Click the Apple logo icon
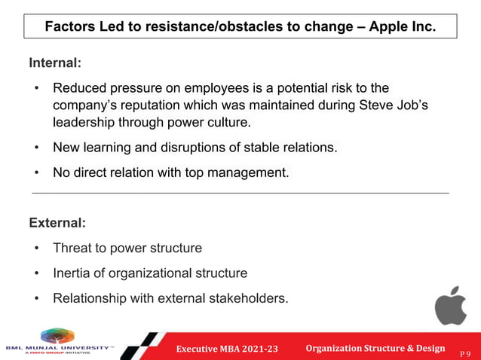450,306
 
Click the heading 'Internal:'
54,63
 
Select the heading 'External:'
57,223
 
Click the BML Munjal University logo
57,342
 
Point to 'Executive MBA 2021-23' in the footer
227,348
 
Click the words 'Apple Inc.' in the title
404,26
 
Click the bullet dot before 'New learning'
36,148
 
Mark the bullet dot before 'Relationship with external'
36,297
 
